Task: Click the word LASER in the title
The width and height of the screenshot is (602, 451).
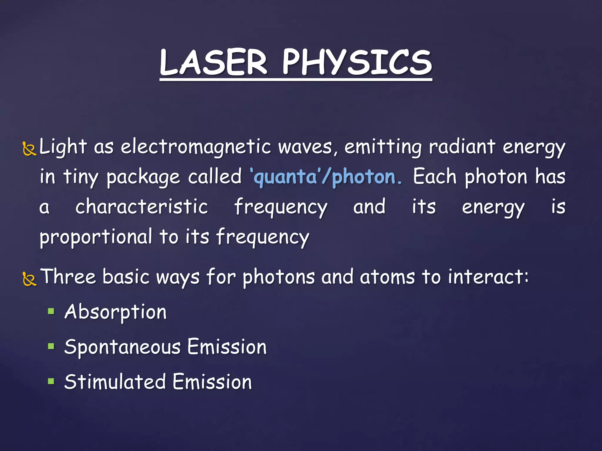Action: click(x=213, y=62)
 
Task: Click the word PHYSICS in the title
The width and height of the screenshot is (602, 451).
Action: click(x=357, y=62)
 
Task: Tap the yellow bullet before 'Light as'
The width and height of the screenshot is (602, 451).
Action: click(x=29, y=149)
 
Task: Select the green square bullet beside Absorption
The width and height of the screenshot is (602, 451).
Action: click(x=51, y=311)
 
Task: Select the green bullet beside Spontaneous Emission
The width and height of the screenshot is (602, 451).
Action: click(x=51, y=346)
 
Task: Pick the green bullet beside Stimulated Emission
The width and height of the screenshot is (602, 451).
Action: click(x=51, y=381)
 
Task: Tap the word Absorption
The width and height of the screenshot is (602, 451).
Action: click(x=116, y=312)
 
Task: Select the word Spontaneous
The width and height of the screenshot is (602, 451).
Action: click(x=122, y=347)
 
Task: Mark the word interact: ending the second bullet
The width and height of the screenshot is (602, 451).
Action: click(x=488, y=277)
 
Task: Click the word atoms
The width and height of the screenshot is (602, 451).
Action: click(x=387, y=277)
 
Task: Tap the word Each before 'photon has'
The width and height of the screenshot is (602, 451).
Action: click(x=434, y=177)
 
